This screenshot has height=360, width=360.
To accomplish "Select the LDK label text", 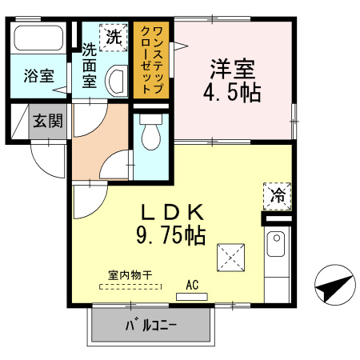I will (175, 213).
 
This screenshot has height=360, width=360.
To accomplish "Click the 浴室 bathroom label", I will (38, 77).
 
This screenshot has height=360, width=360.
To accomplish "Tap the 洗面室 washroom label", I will (90, 66).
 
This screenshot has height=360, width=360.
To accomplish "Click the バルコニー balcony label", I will (150, 326).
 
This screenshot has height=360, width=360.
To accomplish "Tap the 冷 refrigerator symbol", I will (277, 195).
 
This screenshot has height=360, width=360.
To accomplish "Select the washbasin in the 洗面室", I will (116, 79).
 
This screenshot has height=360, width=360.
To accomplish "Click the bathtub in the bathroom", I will (40, 38).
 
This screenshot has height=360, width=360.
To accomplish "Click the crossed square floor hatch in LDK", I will (230, 258).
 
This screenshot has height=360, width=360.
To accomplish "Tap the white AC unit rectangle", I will (190, 296).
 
